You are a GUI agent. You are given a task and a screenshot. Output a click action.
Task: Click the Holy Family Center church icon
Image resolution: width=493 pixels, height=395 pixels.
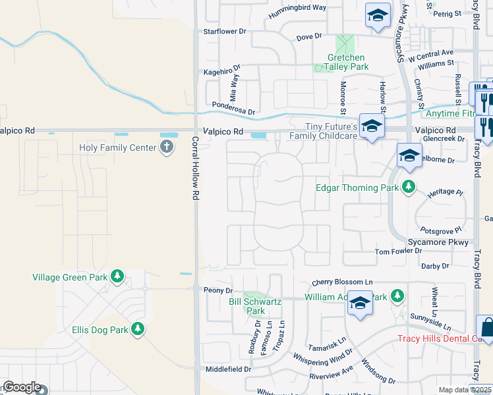167,147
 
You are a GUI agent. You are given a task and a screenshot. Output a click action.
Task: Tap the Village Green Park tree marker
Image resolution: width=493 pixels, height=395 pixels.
117,276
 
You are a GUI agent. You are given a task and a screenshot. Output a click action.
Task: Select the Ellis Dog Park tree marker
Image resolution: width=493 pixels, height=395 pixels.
138,329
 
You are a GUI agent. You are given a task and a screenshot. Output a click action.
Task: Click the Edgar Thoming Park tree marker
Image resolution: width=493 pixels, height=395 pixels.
409,187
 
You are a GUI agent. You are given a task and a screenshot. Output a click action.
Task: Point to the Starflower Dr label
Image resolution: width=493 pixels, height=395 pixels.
225,31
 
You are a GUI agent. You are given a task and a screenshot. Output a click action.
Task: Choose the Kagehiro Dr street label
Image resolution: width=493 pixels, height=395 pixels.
222,68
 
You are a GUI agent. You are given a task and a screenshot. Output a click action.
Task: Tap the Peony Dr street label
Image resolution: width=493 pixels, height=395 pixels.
219,290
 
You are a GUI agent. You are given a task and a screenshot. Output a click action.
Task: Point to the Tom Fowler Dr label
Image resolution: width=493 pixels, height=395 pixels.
398,251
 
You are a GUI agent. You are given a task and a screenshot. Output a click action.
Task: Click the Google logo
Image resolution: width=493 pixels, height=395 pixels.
21,388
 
